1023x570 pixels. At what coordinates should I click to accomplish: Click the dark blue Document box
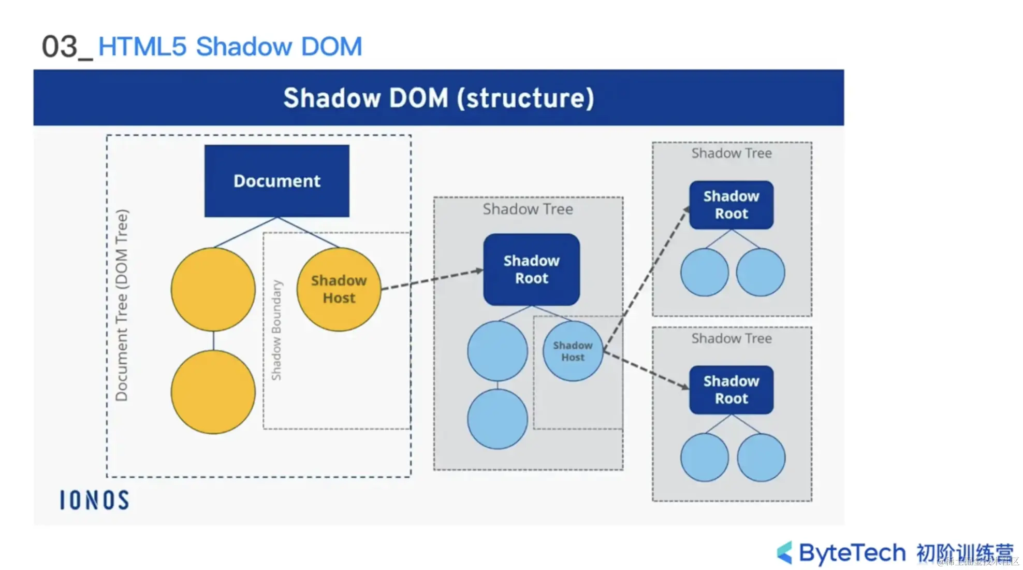(x=276, y=181)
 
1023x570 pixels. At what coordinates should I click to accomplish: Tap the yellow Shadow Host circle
(x=339, y=289)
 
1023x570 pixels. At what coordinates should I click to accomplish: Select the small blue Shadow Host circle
(x=573, y=351)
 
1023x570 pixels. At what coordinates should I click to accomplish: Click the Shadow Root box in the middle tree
(x=531, y=269)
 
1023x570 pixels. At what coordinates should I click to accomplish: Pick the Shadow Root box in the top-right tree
(x=731, y=205)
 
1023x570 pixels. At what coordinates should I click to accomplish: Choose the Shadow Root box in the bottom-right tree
(x=731, y=390)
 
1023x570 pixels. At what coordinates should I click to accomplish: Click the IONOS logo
(x=94, y=500)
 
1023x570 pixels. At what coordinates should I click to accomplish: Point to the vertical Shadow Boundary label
(x=276, y=330)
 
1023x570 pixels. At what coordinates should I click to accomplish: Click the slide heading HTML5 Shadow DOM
(x=230, y=47)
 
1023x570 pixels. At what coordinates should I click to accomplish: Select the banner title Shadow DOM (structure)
(x=439, y=98)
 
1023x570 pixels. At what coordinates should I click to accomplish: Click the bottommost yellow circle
(x=213, y=392)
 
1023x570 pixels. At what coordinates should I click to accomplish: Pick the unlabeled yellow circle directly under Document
(x=213, y=289)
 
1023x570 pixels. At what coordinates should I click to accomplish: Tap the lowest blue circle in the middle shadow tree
(x=497, y=419)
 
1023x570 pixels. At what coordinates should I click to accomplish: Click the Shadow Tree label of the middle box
(x=528, y=209)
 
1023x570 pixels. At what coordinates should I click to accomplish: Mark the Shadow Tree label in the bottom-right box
(x=731, y=338)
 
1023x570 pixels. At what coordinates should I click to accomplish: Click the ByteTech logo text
(x=852, y=552)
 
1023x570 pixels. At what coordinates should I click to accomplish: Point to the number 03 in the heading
(x=60, y=47)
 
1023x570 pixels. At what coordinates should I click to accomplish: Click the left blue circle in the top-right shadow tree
(x=704, y=272)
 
